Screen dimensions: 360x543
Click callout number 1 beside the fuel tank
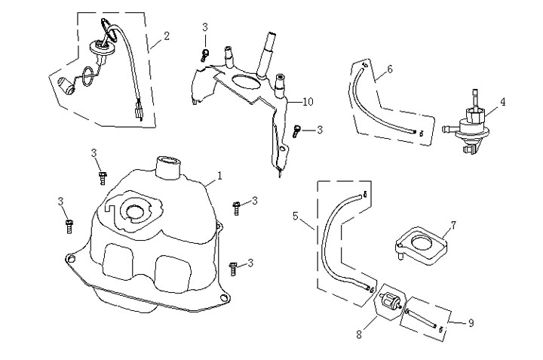[220, 176]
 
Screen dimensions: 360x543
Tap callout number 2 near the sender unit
[166, 35]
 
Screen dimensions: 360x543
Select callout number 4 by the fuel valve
[502, 100]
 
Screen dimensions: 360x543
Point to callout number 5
[296, 216]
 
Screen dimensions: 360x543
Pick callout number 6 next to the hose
[389, 69]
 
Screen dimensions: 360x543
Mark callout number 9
[471, 323]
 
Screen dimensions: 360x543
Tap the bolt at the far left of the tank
[70, 223]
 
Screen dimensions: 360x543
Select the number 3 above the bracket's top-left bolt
[205, 28]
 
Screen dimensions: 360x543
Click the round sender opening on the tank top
[137, 208]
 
